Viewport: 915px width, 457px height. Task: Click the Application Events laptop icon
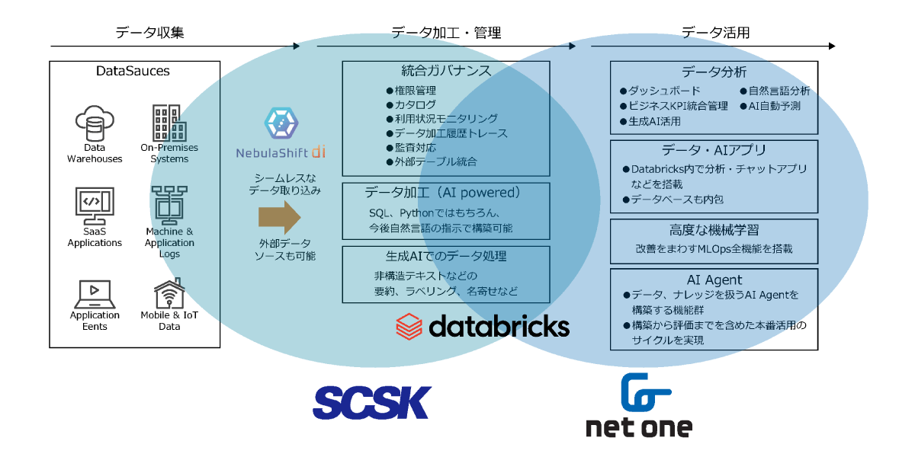[95, 292]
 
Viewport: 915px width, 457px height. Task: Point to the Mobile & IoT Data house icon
[169, 292]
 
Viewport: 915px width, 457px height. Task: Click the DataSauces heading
[133, 72]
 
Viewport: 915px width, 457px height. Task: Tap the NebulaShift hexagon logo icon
[280, 122]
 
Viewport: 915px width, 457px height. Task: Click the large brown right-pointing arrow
[280, 217]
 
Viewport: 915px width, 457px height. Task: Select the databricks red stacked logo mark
[409, 325]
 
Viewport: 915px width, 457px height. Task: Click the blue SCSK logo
[371, 402]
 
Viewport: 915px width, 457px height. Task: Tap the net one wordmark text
[639, 427]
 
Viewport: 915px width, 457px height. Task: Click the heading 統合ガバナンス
[446, 72]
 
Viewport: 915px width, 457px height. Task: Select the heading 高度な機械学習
[714, 230]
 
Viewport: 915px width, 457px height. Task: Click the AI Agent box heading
[714, 280]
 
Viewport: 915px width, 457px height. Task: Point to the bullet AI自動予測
[774, 106]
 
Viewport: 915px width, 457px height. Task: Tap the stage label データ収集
[149, 33]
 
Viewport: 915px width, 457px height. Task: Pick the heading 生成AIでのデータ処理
[446, 256]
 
